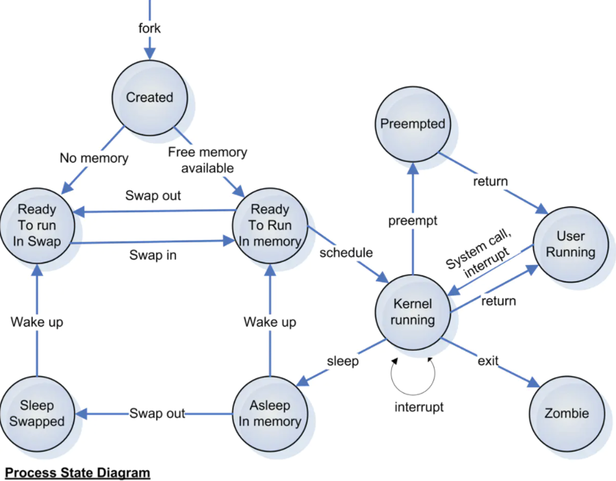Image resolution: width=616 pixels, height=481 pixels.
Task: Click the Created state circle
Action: point(149,98)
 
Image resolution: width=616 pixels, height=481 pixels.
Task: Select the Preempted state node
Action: point(413,124)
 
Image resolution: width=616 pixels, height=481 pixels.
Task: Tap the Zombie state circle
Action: point(566,413)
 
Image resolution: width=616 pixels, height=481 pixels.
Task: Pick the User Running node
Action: point(570,245)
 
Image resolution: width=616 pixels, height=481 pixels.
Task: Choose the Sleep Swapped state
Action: point(37,413)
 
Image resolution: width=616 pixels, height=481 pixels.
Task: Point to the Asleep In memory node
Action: point(270,413)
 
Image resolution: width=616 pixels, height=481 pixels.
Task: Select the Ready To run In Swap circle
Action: point(37,225)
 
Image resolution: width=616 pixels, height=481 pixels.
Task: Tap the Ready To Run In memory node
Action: point(270,225)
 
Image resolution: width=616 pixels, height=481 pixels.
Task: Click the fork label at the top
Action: point(149,29)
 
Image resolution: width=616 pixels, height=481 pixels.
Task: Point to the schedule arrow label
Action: point(346,253)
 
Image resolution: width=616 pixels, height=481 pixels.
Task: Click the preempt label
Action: point(413,221)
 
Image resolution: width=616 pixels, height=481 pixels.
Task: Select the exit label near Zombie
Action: point(488,361)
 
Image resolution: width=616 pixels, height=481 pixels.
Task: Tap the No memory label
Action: point(94,158)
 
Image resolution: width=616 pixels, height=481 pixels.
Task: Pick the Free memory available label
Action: point(207,160)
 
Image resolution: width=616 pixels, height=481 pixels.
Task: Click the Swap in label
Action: point(152,255)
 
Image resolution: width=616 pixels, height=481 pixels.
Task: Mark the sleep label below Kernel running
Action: point(342,361)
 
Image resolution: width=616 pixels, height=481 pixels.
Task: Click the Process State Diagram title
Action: point(77,473)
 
